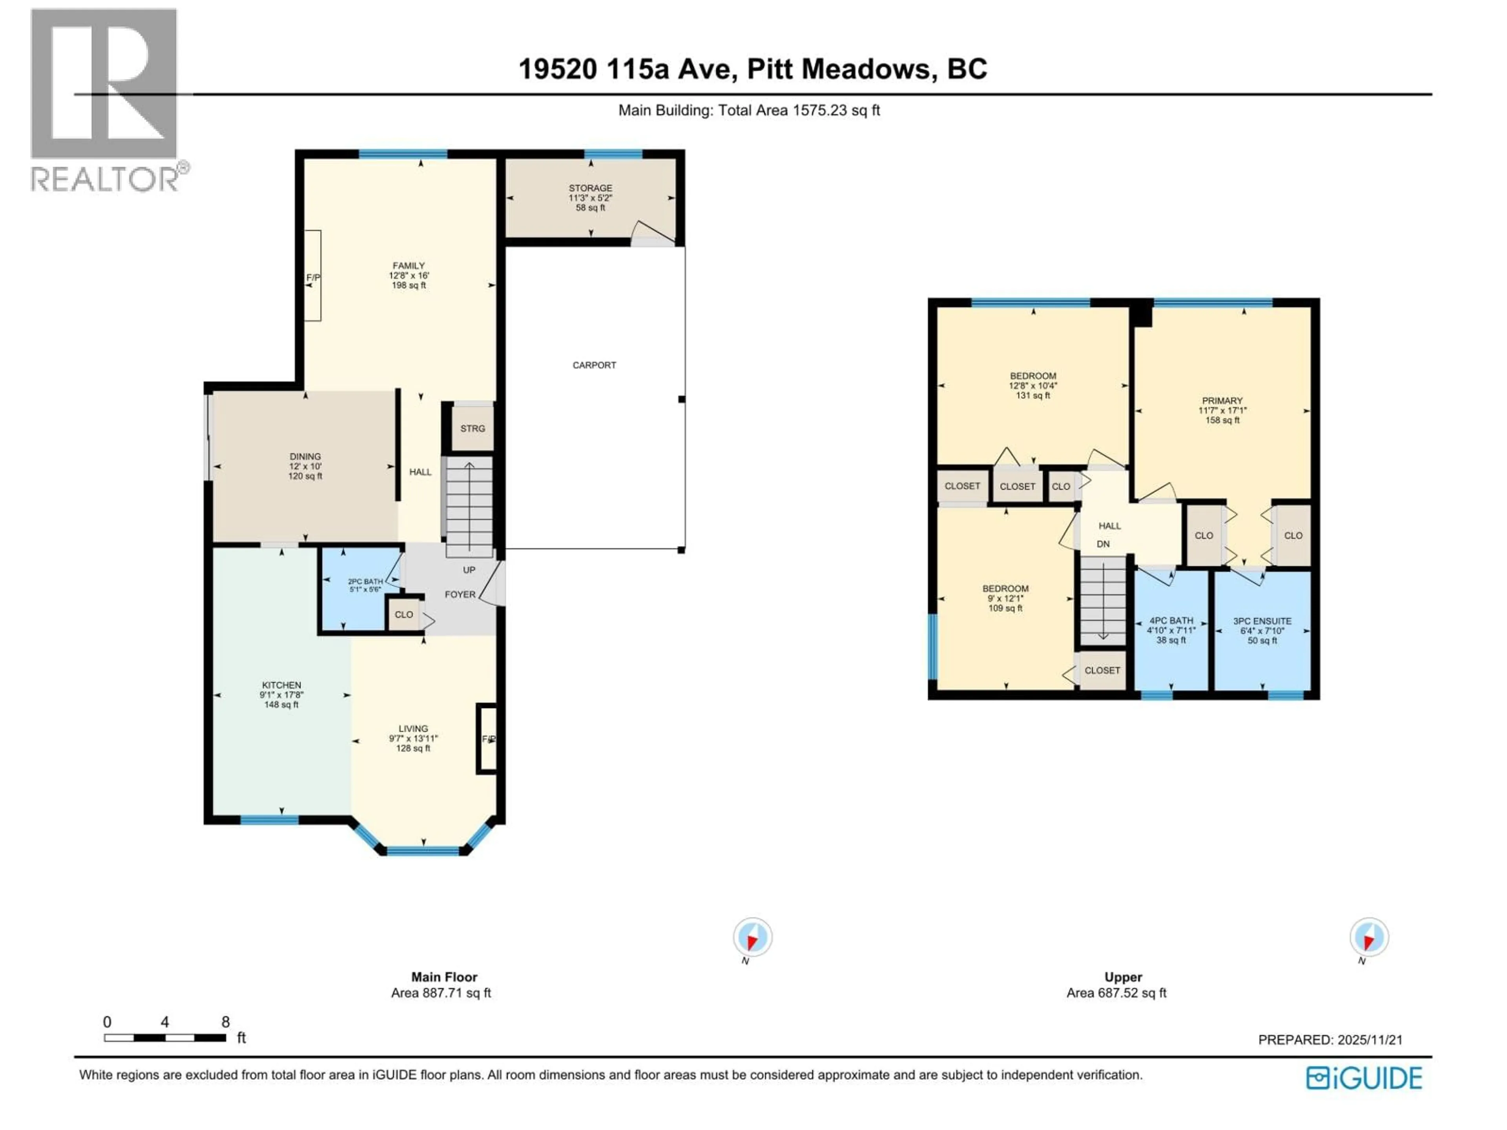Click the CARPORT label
[x=594, y=365]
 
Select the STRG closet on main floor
[x=472, y=428]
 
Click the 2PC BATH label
[x=365, y=582]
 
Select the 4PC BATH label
[x=1171, y=620]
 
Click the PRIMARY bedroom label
[x=1222, y=401]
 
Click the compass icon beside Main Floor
[x=752, y=938]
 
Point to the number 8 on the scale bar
[x=226, y=1022]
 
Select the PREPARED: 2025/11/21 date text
[x=1330, y=1040]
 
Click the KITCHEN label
[x=281, y=685]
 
